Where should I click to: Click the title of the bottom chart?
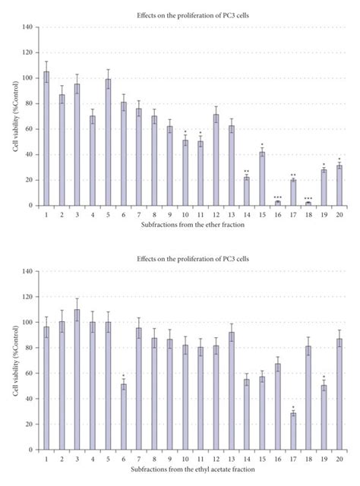pyautogui.click(x=191, y=259)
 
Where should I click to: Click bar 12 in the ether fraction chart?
pyautogui.click(x=216, y=160)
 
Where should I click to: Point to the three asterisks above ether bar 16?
pyautogui.click(x=277, y=197)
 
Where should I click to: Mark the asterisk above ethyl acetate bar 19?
pyautogui.click(x=324, y=377)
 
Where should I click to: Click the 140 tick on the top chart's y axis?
pyautogui.click(x=28, y=27)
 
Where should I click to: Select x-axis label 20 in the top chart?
pyautogui.click(x=339, y=214)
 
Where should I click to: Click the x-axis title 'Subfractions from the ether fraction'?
pyautogui.click(x=191, y=225)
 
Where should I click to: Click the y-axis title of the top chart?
pyautogui.click(x=14, y=116)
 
